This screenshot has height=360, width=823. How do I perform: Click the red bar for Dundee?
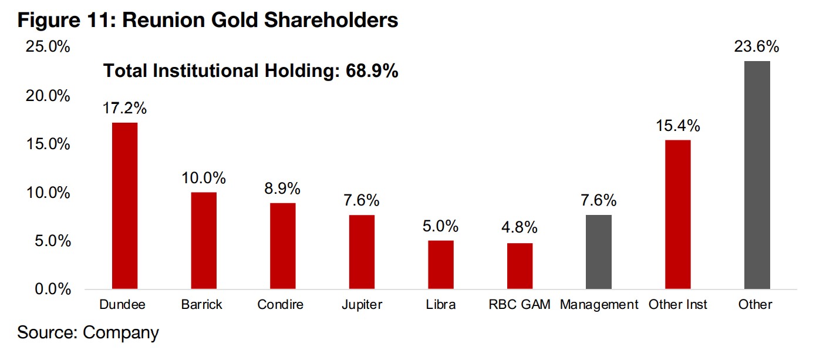[124, 206]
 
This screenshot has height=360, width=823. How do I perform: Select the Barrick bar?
[204, 241]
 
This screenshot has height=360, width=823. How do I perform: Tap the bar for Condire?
[282, 246]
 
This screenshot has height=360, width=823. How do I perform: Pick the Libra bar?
[440, 265]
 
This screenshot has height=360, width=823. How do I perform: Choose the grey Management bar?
[599, 252]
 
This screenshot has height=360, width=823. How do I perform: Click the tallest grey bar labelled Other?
[757, 175]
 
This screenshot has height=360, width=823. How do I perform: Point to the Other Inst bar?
[678, 214]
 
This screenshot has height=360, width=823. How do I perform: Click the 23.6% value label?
[757, 47]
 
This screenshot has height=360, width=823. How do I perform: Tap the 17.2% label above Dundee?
[124, 109]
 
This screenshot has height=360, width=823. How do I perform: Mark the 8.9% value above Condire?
[282, 189]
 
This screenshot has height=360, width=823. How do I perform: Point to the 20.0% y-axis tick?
[48, 96]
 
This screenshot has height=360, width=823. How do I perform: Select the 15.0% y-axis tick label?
[48, 144]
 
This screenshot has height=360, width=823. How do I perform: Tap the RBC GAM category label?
[520, 305]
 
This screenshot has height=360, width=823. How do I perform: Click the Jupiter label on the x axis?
[362, 305]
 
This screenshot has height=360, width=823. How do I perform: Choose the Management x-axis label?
[599, 305]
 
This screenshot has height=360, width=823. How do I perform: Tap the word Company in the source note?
[121, 332]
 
